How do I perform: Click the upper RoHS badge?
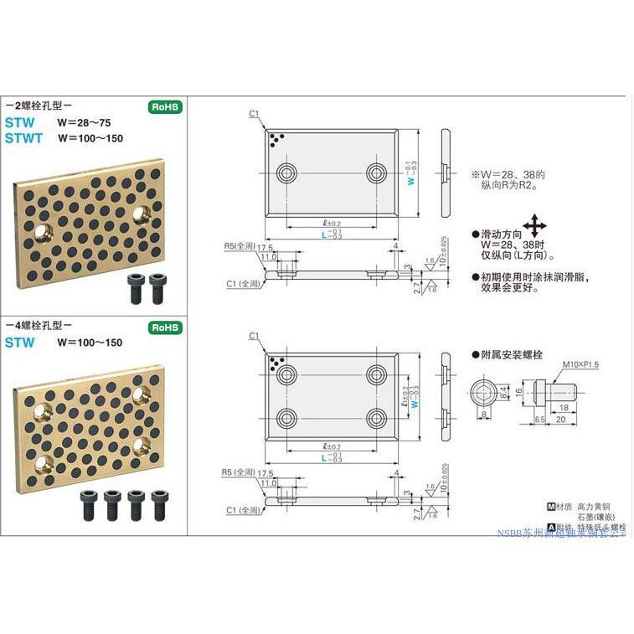pos(164,107)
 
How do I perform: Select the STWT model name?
pos(23,138)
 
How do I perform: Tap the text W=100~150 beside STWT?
pos(90,138)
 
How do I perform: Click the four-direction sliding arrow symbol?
pos(533,226)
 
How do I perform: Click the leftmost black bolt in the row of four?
pos(88,505)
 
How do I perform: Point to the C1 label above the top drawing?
pos(254,113)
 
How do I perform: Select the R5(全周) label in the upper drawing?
pos(239,247)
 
